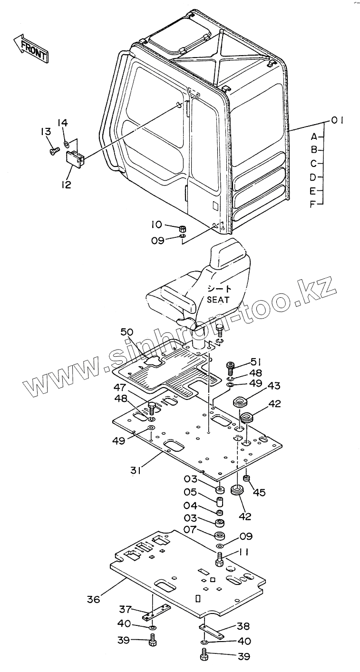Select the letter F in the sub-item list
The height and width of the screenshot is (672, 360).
tap(313, 205)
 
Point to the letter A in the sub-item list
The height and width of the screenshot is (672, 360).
tap(314, 137)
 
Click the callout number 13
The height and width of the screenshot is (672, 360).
tap(45, 132)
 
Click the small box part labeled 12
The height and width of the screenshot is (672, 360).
tap(75, 158)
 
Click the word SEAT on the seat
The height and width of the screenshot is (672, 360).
tap(219, 300)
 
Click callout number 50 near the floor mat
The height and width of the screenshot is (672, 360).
tap(126, 332)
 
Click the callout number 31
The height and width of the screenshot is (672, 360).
tap(137, 470)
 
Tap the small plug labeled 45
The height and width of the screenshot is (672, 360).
tap(246, 478)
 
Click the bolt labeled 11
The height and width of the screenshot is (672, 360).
tap(219, 559)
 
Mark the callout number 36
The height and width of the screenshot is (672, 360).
tap(94, 599)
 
